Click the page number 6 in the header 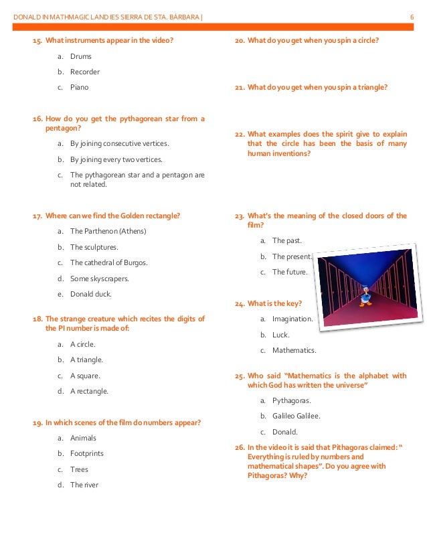click(411, 15)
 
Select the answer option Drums click(80, 56)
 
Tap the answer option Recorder click(85, 72)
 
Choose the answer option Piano click(80, 87)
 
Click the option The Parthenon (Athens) click(108, 231)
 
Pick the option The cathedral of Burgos click(108, 262)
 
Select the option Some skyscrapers click(100, 278)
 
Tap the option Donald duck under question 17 click(92, 294)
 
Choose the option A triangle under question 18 click(86, 360)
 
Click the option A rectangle click(89, 391)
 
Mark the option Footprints click(87, 453)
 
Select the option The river click(84, 485)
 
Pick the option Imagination click(292, 319)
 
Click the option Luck click(280, 334)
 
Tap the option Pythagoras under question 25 click(291, 400)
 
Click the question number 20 click(239, 40)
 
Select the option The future click(290, 272)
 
